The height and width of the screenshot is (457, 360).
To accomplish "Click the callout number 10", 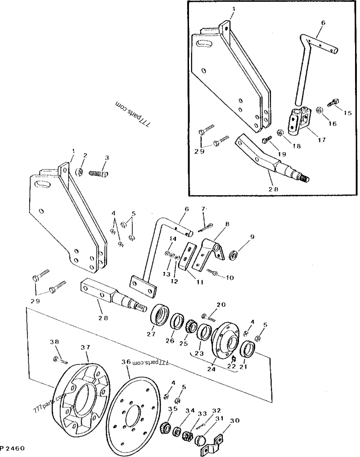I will [x=229, y=278].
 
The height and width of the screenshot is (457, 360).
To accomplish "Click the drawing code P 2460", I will [x=12, y=448].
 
